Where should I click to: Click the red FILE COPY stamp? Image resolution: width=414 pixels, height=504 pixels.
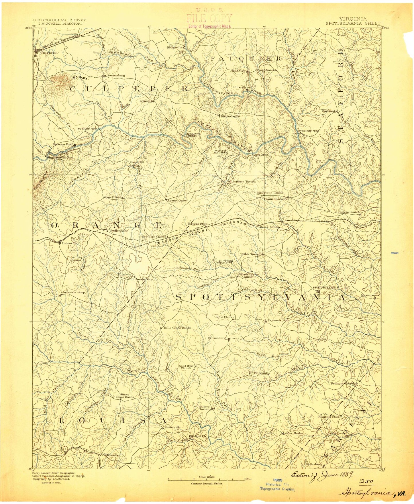click(x=209, y=19)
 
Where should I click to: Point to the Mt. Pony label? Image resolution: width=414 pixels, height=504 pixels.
click(x=79, y=78)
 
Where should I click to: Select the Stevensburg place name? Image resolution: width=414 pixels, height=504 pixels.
click(x=116, y=76)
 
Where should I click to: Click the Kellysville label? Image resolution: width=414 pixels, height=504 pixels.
click(x=175, y=48)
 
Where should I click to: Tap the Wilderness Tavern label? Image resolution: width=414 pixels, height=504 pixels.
click(x=241, y=182)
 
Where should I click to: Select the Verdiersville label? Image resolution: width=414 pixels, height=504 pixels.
click(x=117, y=231)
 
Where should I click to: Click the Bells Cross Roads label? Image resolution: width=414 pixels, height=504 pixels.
click(x=177, y=327)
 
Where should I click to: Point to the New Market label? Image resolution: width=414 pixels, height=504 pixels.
click(x=295, y=434)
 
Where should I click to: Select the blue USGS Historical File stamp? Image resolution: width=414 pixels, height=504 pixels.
click(x=277, y=485)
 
